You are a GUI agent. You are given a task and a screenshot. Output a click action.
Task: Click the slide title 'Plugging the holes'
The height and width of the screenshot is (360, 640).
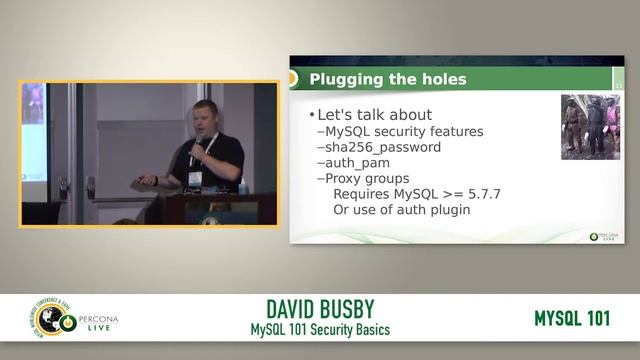[387, 80]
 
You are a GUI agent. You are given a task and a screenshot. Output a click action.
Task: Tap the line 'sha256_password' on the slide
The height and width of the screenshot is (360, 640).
[383, 147]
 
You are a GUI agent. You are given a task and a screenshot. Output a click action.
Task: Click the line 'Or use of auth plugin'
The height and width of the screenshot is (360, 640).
[401, 210]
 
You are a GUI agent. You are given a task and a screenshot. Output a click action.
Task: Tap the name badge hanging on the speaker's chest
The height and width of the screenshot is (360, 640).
[195, 178]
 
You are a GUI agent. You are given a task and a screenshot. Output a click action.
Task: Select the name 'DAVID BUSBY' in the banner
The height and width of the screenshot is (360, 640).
[320, 310]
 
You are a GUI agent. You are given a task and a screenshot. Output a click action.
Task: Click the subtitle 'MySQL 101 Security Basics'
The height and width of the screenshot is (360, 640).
[320, 330]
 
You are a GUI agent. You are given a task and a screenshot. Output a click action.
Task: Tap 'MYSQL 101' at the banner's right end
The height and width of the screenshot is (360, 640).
[572, 319]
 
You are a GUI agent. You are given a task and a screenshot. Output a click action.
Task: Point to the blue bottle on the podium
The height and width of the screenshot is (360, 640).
[243, 186]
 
